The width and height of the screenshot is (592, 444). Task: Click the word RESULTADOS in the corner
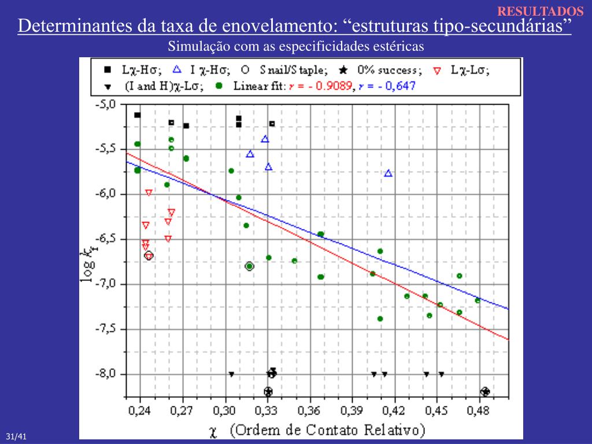coord(541,11)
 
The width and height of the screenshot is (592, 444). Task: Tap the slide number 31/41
coord(17,436)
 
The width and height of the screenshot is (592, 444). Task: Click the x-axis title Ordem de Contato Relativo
coord(327,430)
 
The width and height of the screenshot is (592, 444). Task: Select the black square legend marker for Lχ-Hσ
coord(107,70)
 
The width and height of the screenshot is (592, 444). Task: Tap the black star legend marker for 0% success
coord(343,70)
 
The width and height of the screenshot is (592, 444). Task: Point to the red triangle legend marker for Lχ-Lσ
coord(437,71)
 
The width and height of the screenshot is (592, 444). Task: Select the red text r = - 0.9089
coord(324,86)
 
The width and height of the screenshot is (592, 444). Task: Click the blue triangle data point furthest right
coord(388,173)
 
